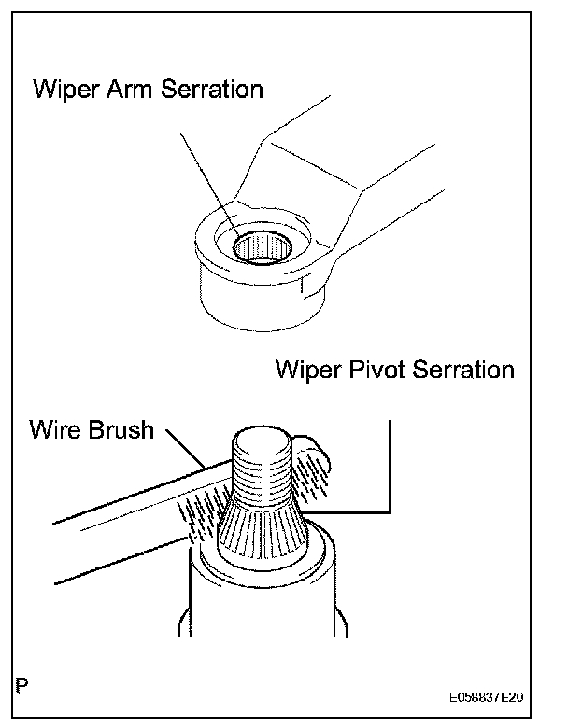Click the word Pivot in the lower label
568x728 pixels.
pos(364,370)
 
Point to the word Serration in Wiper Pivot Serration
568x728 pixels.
pos(460,370)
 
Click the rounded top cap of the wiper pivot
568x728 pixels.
pos(263,439)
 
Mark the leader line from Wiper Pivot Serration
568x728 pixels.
pos(388,467)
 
